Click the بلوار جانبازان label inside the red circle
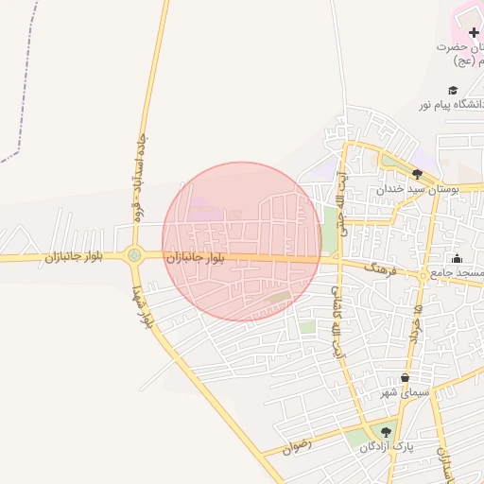[196, 257]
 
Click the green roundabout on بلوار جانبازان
[134, 254]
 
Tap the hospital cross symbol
[474, 32]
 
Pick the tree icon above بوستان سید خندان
[417, 174]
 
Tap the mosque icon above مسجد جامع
[458, 259]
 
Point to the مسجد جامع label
[458, 272]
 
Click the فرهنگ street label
[375, 269]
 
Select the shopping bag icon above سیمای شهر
[405, 378]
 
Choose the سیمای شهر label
[405, 391]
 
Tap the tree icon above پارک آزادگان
[385, 432]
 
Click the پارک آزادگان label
[387, 445]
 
